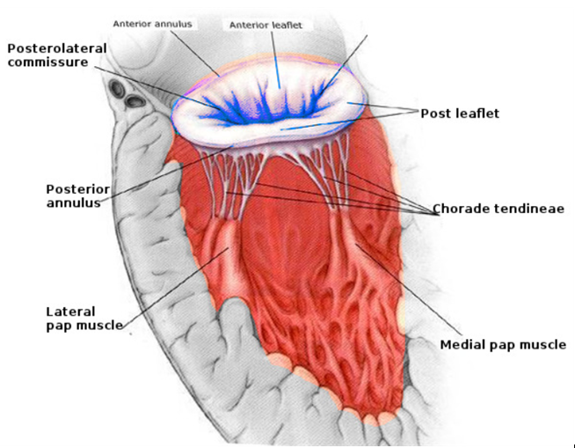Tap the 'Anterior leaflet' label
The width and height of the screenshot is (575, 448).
pos(265,26)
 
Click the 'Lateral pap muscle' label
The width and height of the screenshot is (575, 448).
pos(84,318)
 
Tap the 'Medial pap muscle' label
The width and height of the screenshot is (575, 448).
pos(502,344)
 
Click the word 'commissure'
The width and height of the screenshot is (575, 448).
pos(47,62)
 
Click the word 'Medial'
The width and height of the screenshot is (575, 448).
pos(462,344)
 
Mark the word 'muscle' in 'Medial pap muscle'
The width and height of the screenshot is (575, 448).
pos(544,344)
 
